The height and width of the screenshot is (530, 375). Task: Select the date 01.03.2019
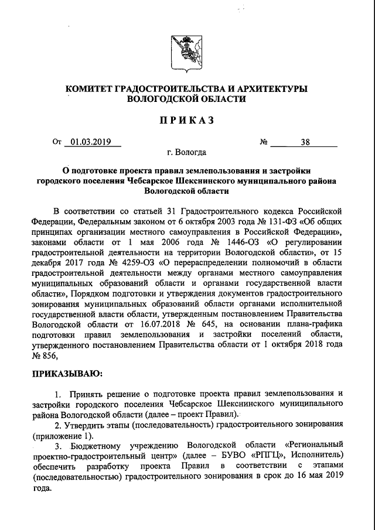coord(92,142)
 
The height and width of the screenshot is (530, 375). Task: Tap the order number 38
coord(305,142)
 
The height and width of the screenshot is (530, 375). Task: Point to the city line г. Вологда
coord(186,153)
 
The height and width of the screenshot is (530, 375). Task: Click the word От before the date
coord(57,142)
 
